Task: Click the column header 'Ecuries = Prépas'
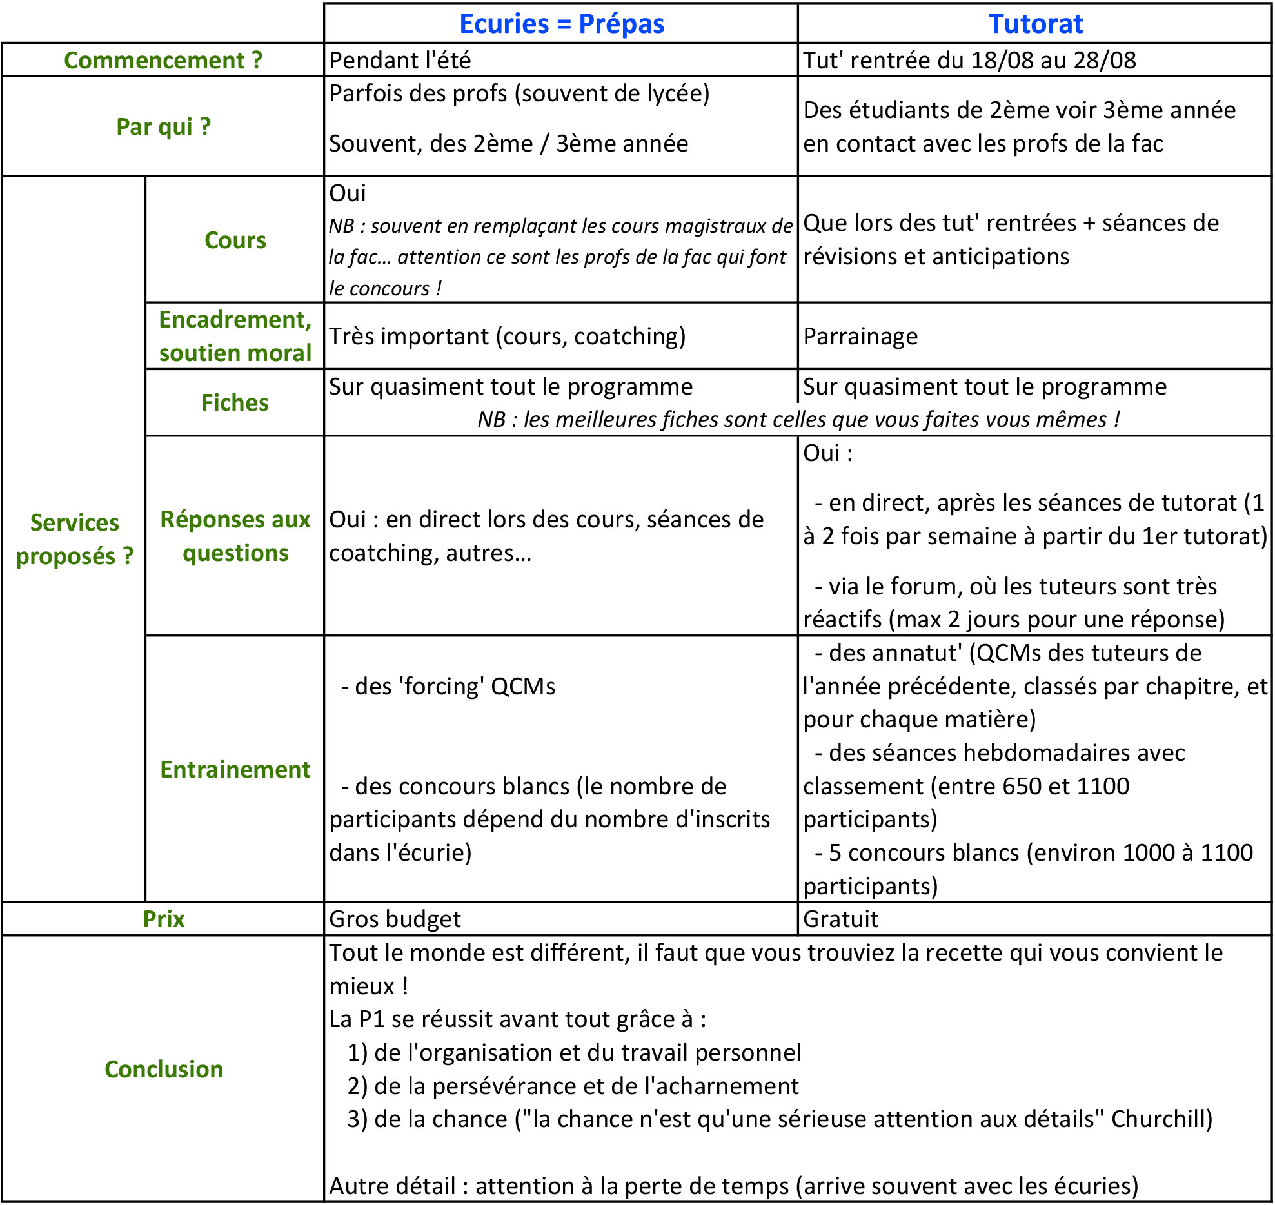[x=561, y=24]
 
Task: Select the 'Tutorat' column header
[x=1035, y=24]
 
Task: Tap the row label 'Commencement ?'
[x=163, y=60]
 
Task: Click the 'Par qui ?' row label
[x=163, y=126]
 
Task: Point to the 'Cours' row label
[x=235, y=240]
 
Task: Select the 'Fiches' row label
[x=235, y=402]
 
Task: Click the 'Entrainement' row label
[x=235, y=769]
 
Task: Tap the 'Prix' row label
[x=163, y=919]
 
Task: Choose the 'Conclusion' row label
[x=163, y=1069]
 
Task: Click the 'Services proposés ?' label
[x=74, y=539]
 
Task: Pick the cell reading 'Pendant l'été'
[x=400, y=60]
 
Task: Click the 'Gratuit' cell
[x=840, y=919]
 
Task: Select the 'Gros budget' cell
[x=395, y=919]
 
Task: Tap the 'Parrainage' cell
[x=860, y=336]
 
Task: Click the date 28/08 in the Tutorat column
[x=1105, y=60]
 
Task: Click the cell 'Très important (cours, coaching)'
[x=507, y=336]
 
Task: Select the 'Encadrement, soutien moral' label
[x=235, y=336]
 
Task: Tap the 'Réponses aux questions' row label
[x=235, y=536]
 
